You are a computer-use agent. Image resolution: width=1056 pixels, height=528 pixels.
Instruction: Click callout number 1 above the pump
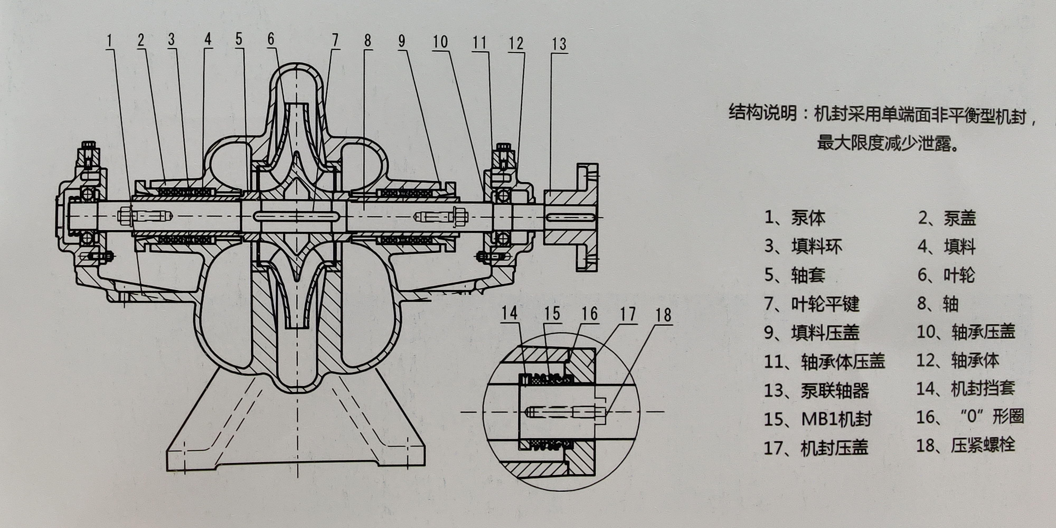tap(110, 41)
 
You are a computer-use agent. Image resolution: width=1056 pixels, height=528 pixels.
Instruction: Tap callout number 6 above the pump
tap(271, 39)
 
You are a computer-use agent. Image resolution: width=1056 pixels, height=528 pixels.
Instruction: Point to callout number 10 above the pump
tap(440, 42)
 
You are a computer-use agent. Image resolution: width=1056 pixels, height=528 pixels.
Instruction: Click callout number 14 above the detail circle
tap(510, 314)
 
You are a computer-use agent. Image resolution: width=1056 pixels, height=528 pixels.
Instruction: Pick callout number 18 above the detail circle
tap(663, 315)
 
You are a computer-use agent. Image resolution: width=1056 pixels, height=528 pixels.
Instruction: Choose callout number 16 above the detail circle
tap(590, 314)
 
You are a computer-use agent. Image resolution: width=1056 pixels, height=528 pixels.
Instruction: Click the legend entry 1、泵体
tap(794, 218)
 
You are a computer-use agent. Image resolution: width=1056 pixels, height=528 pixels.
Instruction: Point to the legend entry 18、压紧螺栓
tap(965, 445)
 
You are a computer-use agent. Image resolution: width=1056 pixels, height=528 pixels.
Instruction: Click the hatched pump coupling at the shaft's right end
tap(570, 217)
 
